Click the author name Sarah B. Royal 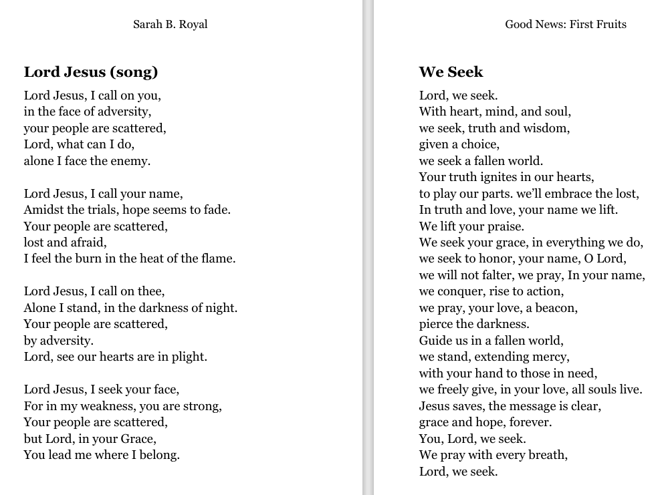click(x=170, y=25)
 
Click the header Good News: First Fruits click(x=565, y=25)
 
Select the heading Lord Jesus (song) click(x=91, y=72)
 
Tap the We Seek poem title click(x=451, y=72)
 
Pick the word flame click(x=218, y=259)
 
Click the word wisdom click(x=545, y=128)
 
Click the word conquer click(x=465, y=292)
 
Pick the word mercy click(x=550, y=357)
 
